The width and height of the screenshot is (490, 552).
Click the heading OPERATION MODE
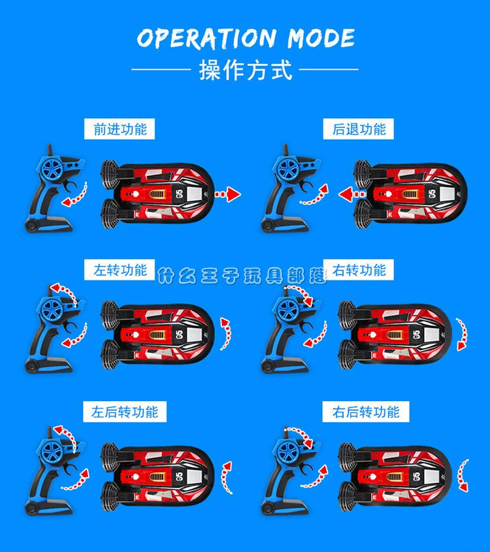point(246,38)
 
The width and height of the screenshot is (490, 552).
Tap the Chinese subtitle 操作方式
point(246,70)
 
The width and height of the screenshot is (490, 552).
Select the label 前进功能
point(120,129)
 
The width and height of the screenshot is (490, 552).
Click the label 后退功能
point(359,129)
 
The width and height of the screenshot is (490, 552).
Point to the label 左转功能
point(120,270)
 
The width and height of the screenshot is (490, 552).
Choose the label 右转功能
point(359,270)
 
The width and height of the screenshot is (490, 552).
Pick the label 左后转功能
point(125,412)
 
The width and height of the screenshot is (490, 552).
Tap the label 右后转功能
point(366,412)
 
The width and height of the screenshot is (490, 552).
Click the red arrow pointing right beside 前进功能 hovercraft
point(228,194)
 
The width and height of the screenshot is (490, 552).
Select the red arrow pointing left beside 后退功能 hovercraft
point(351,194)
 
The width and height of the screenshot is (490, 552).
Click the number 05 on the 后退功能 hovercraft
point(433,193)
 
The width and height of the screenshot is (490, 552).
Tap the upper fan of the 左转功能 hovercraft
point(110,316)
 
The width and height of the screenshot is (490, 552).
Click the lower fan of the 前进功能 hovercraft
point(110,214)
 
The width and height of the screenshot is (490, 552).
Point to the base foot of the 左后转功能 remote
point(48,508)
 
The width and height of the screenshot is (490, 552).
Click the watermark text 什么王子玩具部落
point(242,276)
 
